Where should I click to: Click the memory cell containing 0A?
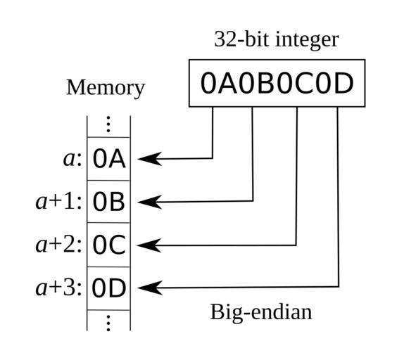(108, 159)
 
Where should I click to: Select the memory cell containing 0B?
(108, 202)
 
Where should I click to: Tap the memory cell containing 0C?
(108, 245)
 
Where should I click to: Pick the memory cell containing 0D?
(108, 288)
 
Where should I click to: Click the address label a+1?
(58, 202)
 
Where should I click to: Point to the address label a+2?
(58, 245)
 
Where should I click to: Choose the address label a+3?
(58, 288)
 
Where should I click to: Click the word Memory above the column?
(106, 88)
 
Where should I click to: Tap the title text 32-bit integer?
(277, 40)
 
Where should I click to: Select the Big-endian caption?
(261, 312)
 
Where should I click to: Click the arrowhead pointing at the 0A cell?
(150, 159)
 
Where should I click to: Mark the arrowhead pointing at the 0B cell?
(150, 202)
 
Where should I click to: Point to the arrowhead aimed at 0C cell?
(149, 245)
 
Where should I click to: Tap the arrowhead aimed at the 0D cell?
(150, 288)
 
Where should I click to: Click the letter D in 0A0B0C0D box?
(343, 83)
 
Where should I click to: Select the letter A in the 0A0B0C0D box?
(227, 83)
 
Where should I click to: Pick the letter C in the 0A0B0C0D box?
(305, 83)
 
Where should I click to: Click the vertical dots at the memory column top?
(108, 124)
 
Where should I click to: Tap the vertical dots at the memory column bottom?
(108, 323)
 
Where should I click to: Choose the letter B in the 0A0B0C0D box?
(266, 83)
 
